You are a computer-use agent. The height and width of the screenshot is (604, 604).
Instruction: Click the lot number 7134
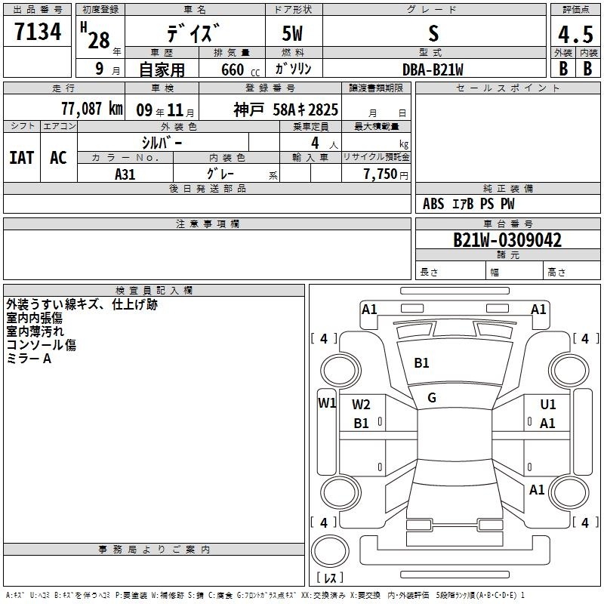pyautogui.click(x=38, y=32)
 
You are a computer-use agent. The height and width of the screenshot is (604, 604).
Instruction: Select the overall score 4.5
pyautogui.click(x=575, y=34)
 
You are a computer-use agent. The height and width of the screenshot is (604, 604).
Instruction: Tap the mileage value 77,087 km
pyautogui.click(x=92, y=109)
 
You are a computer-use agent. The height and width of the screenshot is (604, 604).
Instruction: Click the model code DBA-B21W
pyautogui.click(x=433, y=69)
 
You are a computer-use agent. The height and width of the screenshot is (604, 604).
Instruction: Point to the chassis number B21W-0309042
pyautogui.click(x=507, y=240)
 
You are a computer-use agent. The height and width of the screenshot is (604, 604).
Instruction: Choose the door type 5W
pyautogui.click(x=292, y=33)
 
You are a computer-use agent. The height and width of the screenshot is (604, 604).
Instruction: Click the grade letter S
pyautogui.click(x=433, y=33)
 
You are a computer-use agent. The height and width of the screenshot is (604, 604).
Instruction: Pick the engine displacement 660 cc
pyautogui.click(x=240, y=70)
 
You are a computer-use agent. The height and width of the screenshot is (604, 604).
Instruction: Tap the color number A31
pyautogui.click(x=125, y=174)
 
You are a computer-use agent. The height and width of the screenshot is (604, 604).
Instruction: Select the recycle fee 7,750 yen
pyautogui.click(x=386, y=174)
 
